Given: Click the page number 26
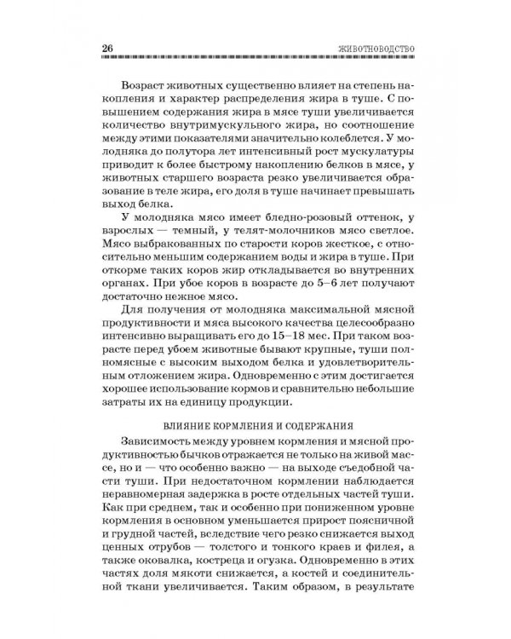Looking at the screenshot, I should (x=105, y=47).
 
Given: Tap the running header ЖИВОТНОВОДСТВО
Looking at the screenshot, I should (x=375, y=47).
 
